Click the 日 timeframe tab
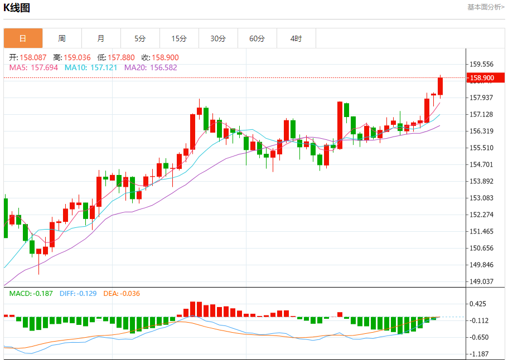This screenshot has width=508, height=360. coord(23,38)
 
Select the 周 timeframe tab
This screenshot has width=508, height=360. coord(62,38)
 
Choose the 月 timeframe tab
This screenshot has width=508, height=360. coord(101,38)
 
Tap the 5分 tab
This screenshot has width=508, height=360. coord(140,38)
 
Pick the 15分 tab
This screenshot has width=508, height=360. coord(179,38)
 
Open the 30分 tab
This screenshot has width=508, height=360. coord(218,38)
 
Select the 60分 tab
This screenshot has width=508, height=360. coord(257,38)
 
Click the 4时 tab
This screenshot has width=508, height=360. coord(296,38)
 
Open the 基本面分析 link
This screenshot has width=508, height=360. coord(485,7)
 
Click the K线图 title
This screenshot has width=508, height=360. coord(17,8)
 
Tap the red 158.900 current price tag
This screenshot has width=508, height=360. coord(481,78)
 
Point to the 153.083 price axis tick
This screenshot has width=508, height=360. coord(481,198)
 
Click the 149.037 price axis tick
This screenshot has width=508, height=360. coord(481,281)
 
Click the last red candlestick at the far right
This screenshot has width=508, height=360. coord(440,86)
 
